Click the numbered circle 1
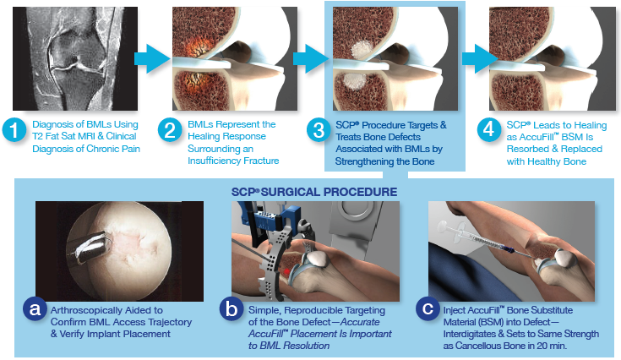[x=14, y=131]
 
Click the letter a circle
[x=35, y=310]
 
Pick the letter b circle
[x=230, y=310]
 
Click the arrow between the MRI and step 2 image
[x=150, y=59]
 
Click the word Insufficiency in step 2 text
[x=215, y=160]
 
